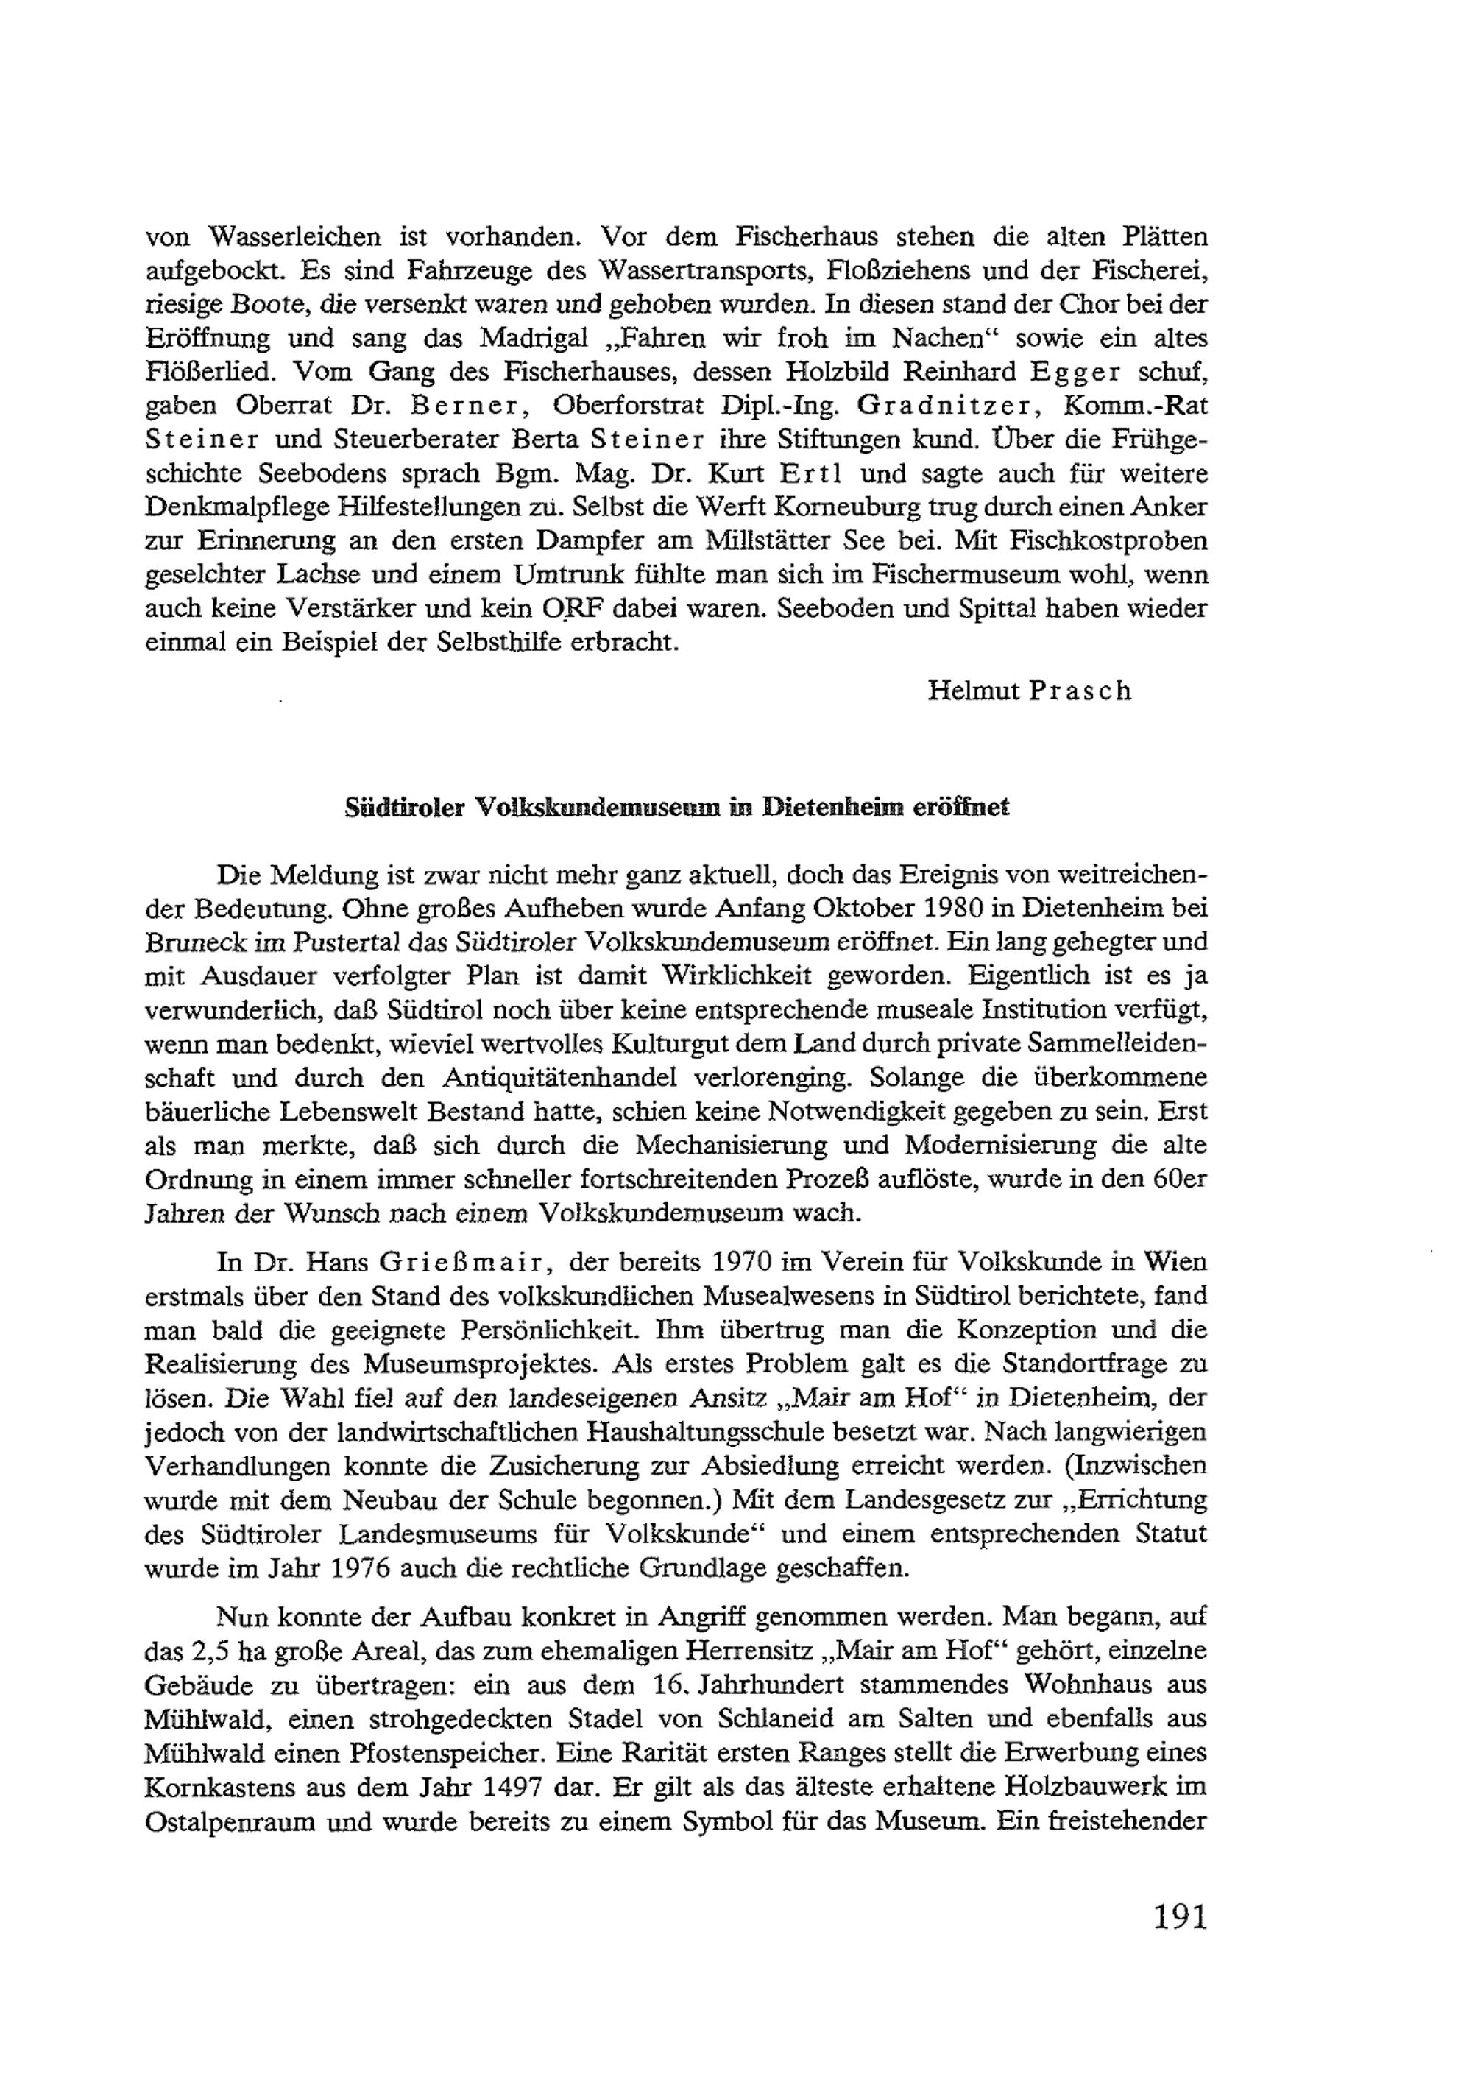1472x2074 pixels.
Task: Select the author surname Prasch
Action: (1081, 691)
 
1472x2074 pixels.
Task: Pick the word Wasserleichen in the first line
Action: (294, 238)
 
